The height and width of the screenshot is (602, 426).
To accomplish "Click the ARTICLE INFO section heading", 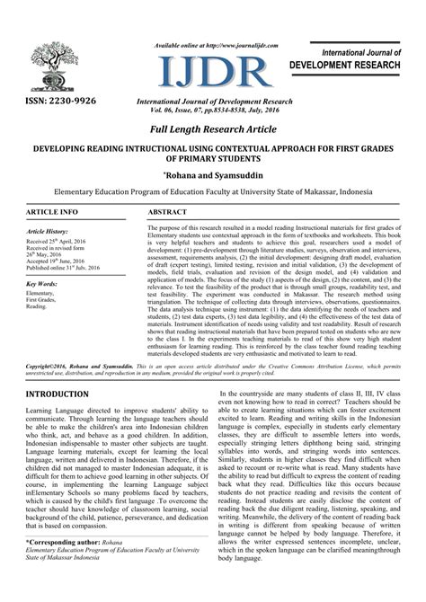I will [x=40, y=211].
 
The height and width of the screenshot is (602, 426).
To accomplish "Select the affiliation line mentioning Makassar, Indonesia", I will [x=213, y=192].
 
